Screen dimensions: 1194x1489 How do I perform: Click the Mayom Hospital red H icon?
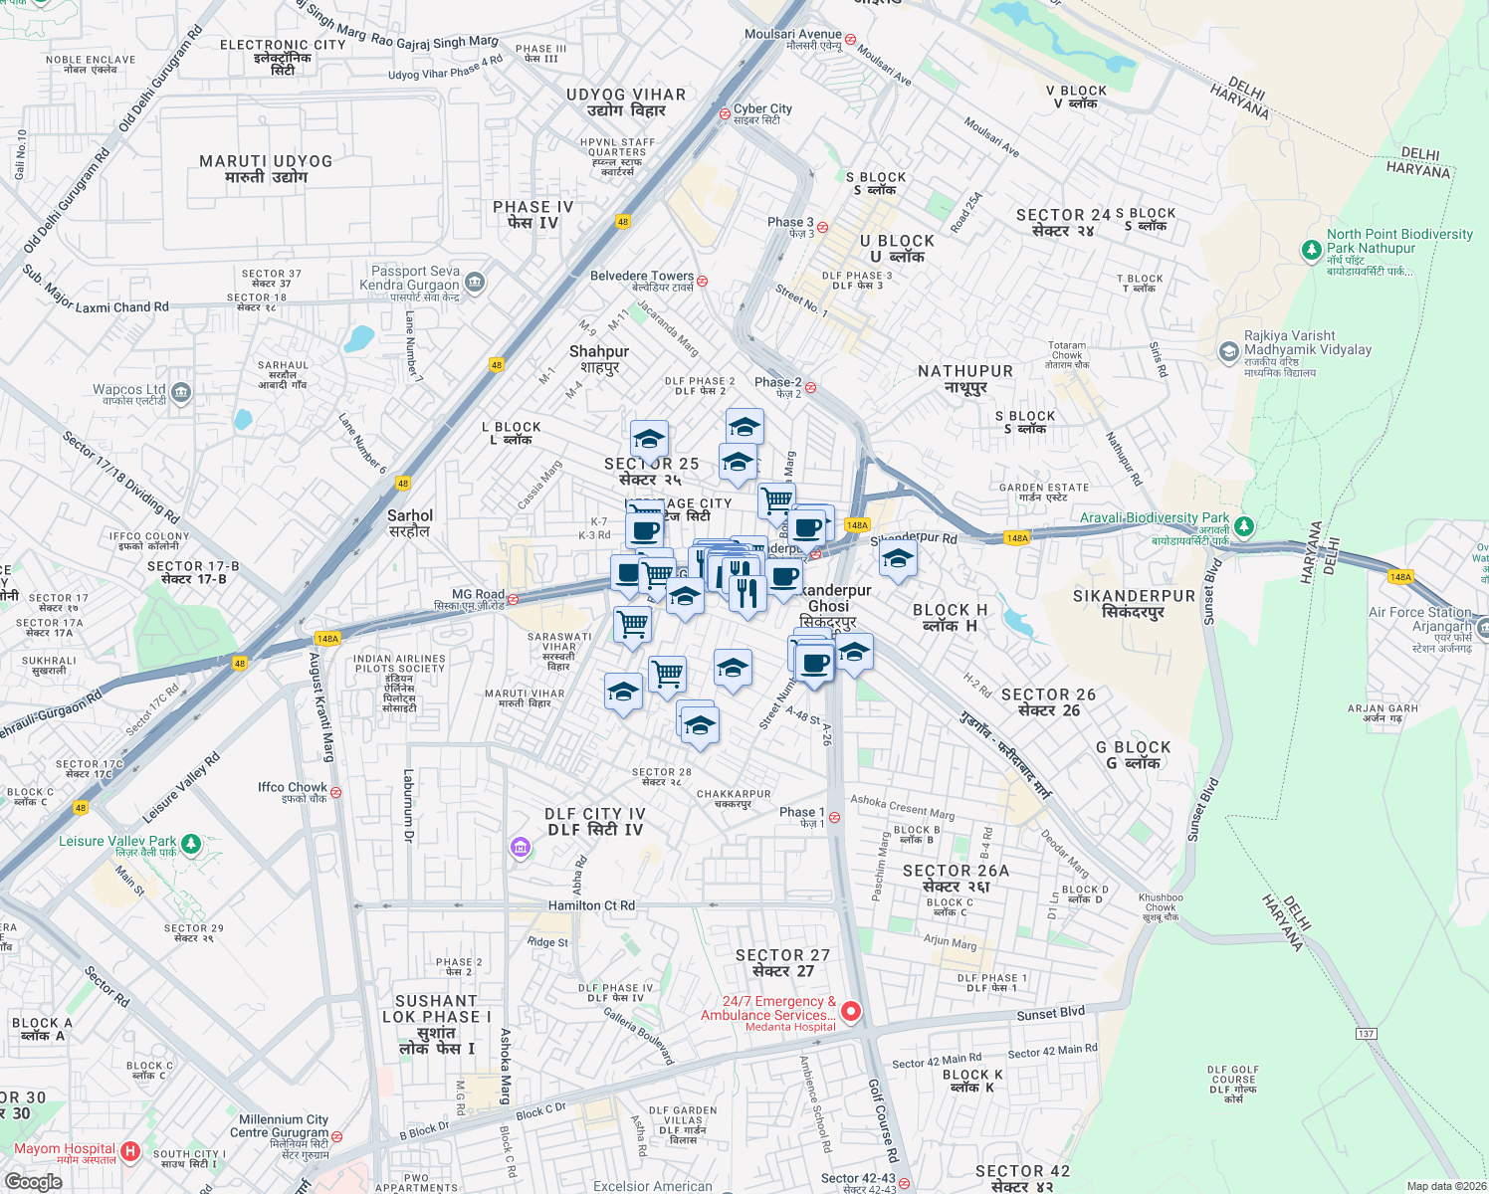click(129, 1151)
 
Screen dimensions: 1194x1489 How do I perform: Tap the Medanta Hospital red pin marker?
click(851, 1012)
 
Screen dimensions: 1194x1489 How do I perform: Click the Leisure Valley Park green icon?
click(191, 844)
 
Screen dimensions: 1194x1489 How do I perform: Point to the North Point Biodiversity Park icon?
click(1312, 250)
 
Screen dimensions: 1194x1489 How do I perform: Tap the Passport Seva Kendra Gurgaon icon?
click(475, 283)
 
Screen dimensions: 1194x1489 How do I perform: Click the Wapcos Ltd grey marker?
click(181, 392)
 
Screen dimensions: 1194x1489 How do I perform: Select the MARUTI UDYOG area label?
click(266, 168)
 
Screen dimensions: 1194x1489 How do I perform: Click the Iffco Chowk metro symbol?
click(335, 793)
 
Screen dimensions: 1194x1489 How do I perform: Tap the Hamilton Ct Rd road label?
click(591, 905)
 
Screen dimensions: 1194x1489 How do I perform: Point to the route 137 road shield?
click(1366, 1034)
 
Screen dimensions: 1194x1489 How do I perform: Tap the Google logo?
click(34, 1182)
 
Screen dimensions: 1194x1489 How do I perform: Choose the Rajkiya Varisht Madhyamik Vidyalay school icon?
click(1229, 351)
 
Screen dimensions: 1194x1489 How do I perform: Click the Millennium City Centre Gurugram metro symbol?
click(336, 1135)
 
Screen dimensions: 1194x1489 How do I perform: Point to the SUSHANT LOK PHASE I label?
click(436, 1024)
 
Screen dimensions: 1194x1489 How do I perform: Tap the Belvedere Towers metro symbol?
click(703, 281)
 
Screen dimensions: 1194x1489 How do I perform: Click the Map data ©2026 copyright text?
click(1445, 1186)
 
